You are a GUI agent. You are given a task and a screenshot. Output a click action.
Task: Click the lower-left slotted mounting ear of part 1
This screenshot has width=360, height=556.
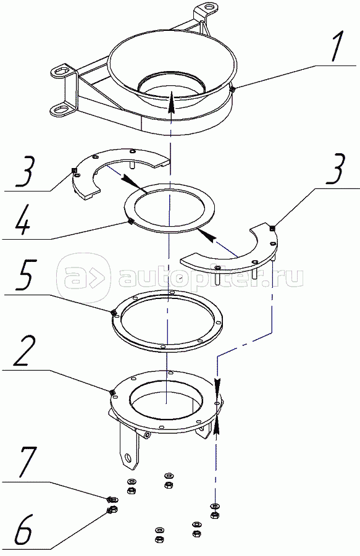[63, 109]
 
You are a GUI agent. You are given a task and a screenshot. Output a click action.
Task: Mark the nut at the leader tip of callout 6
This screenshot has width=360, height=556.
[112, 510]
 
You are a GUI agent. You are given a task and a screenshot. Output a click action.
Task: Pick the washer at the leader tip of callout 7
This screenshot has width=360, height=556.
[112, 500]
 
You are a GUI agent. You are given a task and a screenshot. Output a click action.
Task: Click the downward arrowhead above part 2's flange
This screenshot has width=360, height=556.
[217, 384]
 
